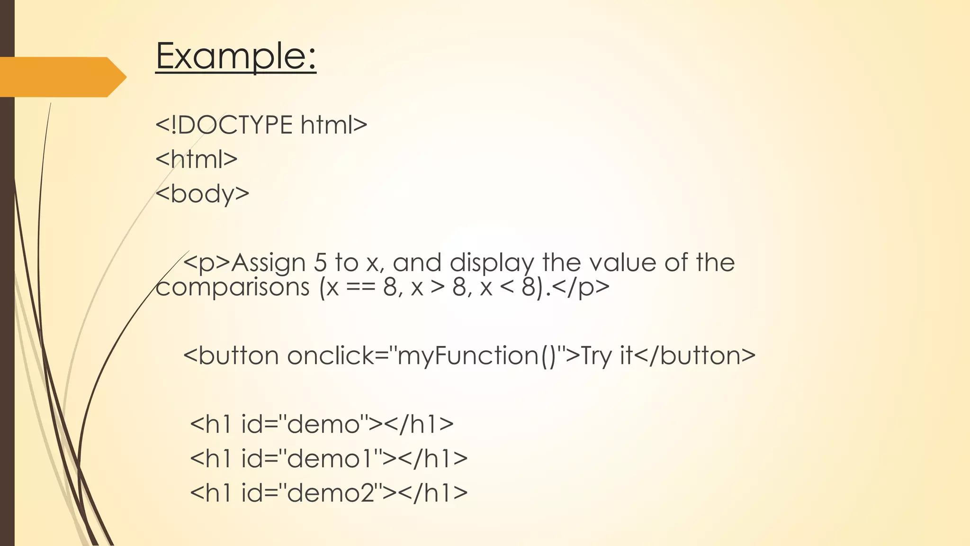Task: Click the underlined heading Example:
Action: click(x=235, y=56)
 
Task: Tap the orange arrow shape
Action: click(x=62, y=77)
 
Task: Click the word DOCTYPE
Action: click(x=235, y=125)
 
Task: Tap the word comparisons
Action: click(x=233, y=287)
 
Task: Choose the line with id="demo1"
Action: click(x=328, y=458)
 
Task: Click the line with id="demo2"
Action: click(x=328, y=493)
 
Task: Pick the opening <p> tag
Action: click(x=207, y=263)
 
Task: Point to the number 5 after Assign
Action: click(x=320, y=263)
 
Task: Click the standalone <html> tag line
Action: click(x=197, y=159)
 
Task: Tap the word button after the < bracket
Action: click(x=239, y=355)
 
